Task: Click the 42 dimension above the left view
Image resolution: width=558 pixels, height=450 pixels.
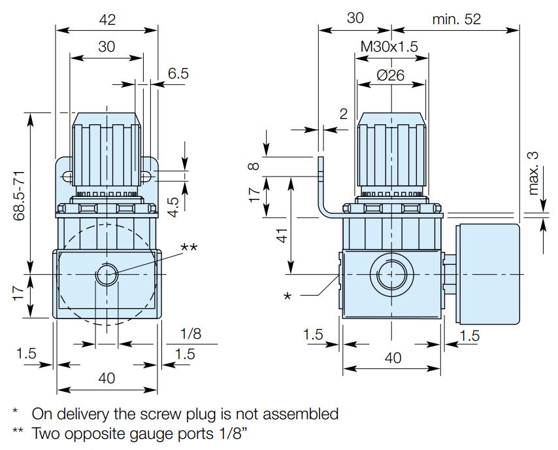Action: [107, 20]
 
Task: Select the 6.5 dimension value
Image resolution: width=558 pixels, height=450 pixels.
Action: [178, 74]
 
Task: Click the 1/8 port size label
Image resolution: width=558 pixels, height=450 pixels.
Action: [189, 334]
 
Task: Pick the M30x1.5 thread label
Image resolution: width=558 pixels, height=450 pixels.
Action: [389, 46]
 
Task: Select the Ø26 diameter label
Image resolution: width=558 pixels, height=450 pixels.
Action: [391, 75]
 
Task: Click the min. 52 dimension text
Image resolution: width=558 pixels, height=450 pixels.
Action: [456, 19]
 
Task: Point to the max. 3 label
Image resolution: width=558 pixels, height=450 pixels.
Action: [533, 173]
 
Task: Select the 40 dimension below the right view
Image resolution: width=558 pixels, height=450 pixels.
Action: [393, 358]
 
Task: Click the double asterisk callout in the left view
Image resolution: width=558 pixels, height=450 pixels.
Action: [189, 247]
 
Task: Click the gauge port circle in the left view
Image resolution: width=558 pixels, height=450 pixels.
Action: [106, 275]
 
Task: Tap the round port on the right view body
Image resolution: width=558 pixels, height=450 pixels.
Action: [391, 275]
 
